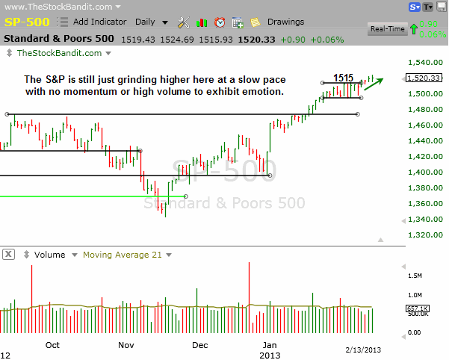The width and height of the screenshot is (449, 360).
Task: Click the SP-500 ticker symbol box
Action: (28, 22)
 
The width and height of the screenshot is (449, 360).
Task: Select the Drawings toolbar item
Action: (280, 22)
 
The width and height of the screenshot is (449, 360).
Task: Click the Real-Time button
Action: (387, 29)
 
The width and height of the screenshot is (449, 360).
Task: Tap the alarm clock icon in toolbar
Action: (220, 22)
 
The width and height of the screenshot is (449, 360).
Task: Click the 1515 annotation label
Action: (344, 77)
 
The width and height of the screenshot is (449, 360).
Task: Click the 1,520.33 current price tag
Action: (425, 78)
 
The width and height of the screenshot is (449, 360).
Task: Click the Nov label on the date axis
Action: (126, 345)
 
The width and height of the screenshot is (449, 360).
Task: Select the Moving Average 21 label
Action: (122, 255)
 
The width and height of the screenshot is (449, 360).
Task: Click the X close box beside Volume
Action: (8, 255)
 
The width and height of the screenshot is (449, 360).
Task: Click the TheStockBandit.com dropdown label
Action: (60, 53)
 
